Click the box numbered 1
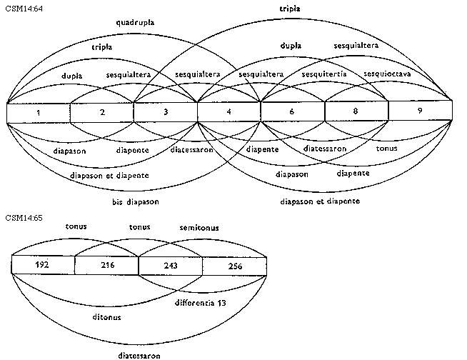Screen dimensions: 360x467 [38, 113]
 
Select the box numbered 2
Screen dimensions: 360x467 [101, 113]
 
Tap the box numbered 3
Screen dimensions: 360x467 [165, 113]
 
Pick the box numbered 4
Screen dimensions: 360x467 [229, 113]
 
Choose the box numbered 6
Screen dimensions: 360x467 [293, 113]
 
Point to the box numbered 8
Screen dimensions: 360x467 [356, 113]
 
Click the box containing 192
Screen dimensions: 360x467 [43, 266]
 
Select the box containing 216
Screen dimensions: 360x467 [106, 266]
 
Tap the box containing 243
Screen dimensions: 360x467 [170, 266]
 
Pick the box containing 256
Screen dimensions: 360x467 [233, 266]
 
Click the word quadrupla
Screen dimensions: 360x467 [135, 23]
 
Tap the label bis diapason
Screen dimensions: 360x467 [135, 202]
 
